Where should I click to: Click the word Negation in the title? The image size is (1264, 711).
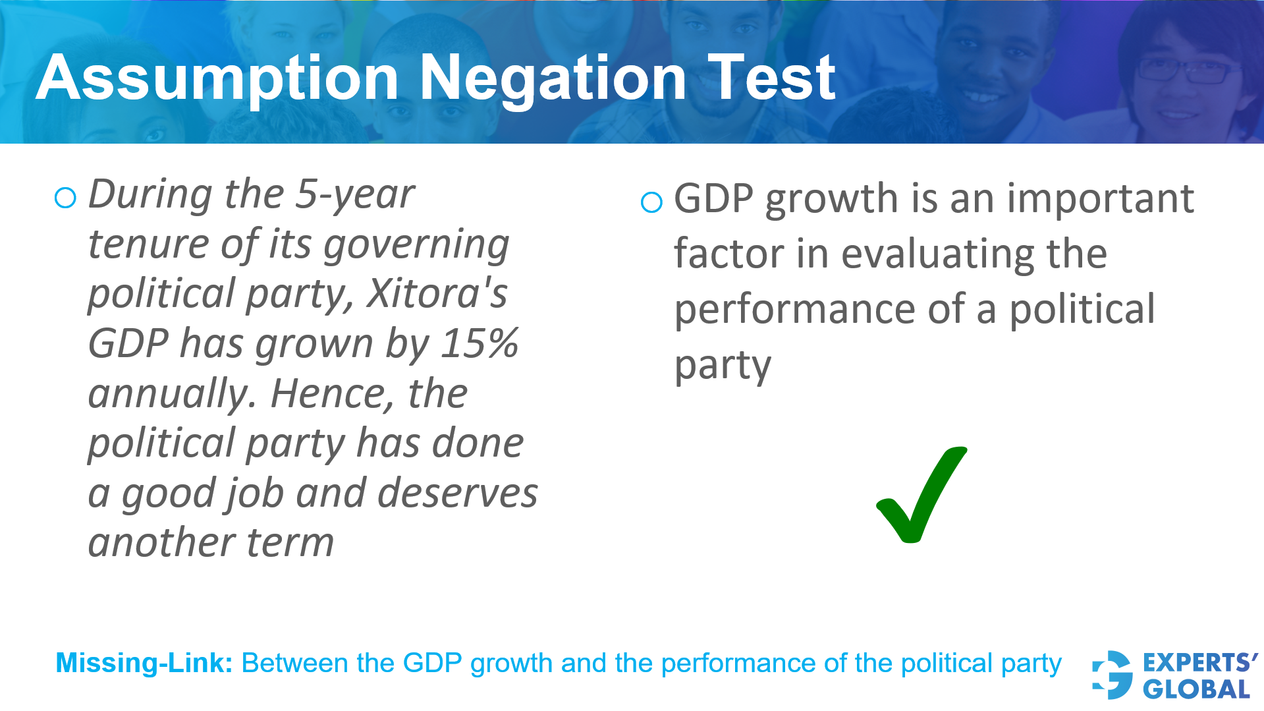(x=553, y=79)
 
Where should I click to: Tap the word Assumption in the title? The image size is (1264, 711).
(x=217, y=79)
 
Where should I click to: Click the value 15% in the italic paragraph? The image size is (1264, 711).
(x=480, y=343)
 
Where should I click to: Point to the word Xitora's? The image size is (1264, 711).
(x=437, y=293)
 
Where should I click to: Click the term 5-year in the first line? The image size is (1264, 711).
(x=355, y=194)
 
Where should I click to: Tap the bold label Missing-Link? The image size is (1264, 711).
(x=144, y=663)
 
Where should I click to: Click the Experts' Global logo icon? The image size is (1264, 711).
(x=1112, y=675)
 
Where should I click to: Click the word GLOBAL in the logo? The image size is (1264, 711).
(x=1196, y=690)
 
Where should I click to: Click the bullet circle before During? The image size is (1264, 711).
(x=65, y=198)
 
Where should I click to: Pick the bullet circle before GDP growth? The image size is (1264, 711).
(x=651, y=202)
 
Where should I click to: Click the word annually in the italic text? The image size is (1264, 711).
(x=171, y=394)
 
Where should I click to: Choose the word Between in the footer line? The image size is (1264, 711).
(x=295, y=663)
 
